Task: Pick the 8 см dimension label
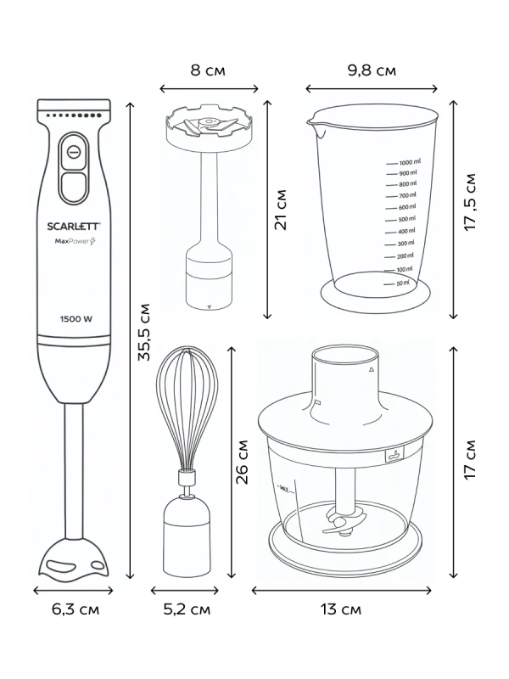pyautogui.click(x=208, y=70)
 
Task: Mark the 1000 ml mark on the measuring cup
pyautogui.click(x=410, y=161)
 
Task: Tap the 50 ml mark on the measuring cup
pyautogui.click(x=402, y=283)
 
